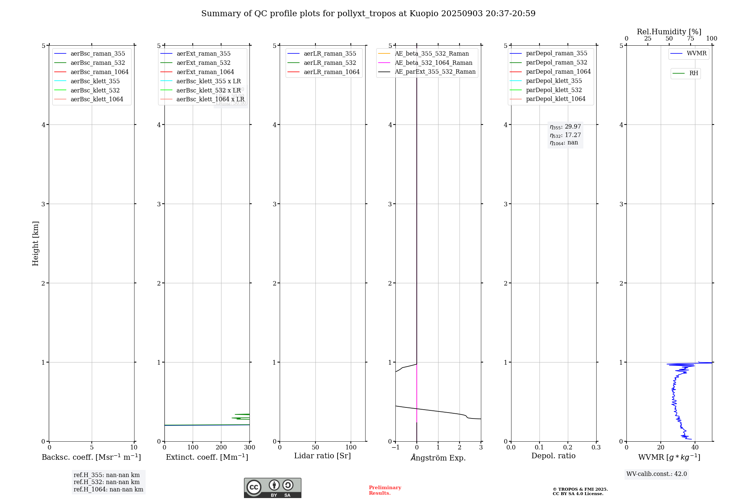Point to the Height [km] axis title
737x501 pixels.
[35, 244]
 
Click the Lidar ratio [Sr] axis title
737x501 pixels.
[322, 456]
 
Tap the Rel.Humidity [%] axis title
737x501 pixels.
[669, 32]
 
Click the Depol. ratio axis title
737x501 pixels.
[553, 456]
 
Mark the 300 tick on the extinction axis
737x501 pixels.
[249, 448]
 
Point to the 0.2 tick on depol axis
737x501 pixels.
[568, 448]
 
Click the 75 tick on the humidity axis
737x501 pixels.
[690, 39]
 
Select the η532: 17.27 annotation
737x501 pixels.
[565, 135]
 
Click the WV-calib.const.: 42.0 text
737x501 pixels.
[656, 474]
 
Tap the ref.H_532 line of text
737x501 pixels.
[106, 482]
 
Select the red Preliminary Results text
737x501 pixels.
[385, 490]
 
